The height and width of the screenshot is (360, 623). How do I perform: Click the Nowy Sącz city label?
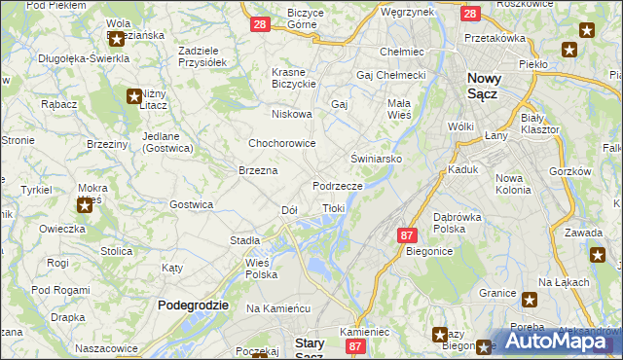click(x=495, y=86)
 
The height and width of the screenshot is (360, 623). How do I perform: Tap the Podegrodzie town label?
click(x=193, y=305)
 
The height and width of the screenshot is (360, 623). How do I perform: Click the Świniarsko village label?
click(x=377, y=158)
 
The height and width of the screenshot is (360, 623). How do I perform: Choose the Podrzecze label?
click(x=338, y=186)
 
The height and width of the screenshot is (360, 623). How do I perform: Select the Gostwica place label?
click(x=191, y=204)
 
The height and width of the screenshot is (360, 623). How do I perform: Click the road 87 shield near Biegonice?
click(x=407, y=235)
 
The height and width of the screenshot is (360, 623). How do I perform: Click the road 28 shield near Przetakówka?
click(x=469, y=15)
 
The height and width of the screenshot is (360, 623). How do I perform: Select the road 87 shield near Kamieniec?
click(x=356, y=345)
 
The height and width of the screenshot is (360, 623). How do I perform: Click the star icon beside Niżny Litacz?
click(x=134, y=95)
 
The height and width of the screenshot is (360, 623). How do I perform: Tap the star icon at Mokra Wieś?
click(x=85, y=204)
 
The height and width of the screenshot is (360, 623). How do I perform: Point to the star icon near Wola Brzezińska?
click(x=116, y=40)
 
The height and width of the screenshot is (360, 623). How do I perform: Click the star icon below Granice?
click(x=530, y=300)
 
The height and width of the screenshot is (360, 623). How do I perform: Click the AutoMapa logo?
click(x=559, y=342)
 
